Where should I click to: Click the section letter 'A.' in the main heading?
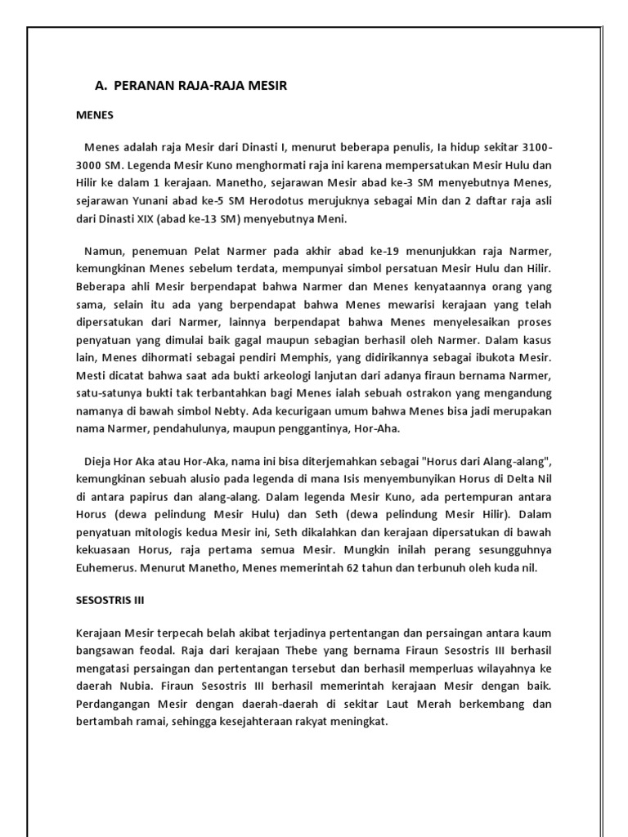click(x=102, y=85)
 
